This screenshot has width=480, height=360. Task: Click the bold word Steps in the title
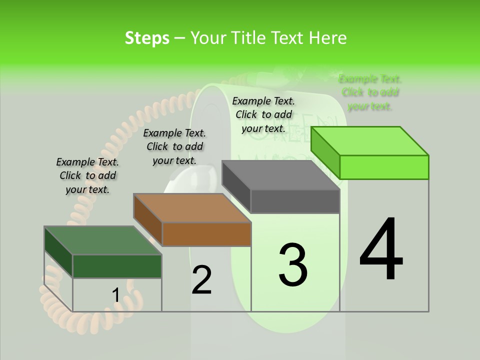pyautogui.click(x=147, y=38)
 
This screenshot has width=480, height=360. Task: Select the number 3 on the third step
pyautogui.click(x=293, y=265)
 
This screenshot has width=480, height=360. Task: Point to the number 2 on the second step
pyautogui.click(x=202, y=280)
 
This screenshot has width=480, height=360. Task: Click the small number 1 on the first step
pyautogui.click(x=115, y=295)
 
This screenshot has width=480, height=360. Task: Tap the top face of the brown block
pyautogui.click(x=192, y=208)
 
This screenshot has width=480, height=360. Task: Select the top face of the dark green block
pyautogui.click(x=103, y=240)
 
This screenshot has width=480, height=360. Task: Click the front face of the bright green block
pyautogui.click(x=384, y=167)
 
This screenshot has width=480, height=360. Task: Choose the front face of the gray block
pyautogui.click(x=295, y=201)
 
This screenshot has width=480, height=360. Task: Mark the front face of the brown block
pyautogui.click(x=206, y=234)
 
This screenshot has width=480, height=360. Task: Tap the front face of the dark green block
pyautogui.click(x=117, y=266)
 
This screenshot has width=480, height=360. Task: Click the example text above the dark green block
pyautogui.click(x=87, y=175)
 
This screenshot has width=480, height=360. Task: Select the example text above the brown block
pyautogui.click(x=174, y=146)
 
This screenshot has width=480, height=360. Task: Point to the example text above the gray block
pyautogui.click(x=263, y=114)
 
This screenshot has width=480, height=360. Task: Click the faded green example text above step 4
pyautogui.click(x=370, y=92)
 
